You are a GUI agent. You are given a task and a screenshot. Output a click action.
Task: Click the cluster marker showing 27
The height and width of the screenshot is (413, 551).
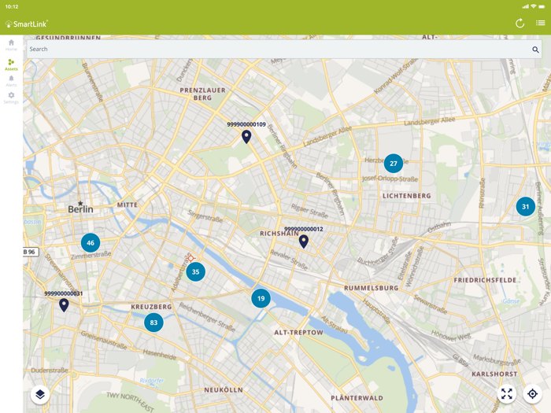click(394, 164)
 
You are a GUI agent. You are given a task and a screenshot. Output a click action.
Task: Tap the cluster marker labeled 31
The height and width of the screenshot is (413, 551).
click(526, 207)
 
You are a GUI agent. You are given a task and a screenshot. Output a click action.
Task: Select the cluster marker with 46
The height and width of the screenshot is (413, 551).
click(91, 243)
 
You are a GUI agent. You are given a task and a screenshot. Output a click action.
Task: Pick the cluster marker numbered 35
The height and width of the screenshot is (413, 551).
click(196, 272)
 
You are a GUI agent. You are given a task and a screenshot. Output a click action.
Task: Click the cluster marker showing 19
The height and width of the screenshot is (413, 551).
click(261, 298)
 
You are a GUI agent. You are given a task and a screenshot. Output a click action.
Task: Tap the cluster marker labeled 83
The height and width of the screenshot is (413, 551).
click(153, 323)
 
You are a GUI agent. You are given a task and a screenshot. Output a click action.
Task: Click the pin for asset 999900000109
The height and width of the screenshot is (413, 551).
click(246, 136)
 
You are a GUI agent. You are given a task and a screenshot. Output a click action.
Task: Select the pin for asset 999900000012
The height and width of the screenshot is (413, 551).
click(304, 241)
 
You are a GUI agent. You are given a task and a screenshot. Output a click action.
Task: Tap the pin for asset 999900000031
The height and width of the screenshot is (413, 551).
click(64, 304)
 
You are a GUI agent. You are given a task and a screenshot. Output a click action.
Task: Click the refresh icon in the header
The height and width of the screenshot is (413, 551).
click(520, 23)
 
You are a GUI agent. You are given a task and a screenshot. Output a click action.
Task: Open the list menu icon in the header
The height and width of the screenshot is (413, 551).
click(541, 23)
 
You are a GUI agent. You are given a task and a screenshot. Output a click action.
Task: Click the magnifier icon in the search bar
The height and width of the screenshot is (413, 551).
click(536, 50)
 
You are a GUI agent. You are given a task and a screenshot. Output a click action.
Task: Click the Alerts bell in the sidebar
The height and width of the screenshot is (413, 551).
click(11, 80)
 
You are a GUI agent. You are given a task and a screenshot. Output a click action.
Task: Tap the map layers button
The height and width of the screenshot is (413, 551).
click(40, 394)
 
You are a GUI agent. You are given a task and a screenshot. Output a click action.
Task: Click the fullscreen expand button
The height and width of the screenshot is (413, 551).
click(507, 394)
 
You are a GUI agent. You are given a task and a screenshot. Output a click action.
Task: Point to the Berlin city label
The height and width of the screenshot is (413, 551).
click(80, 209)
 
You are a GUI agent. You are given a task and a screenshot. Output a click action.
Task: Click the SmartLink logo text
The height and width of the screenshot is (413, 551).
click(29, 24)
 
